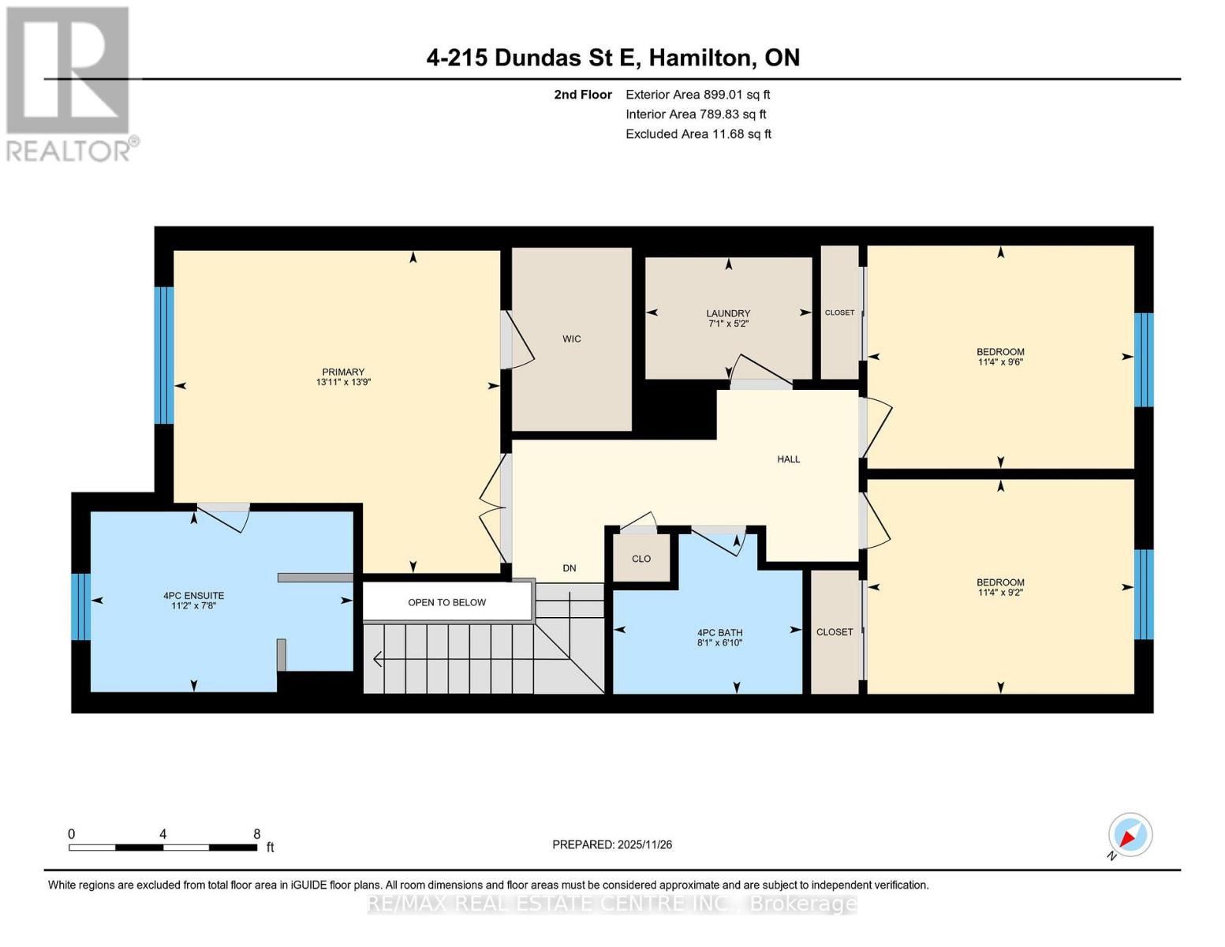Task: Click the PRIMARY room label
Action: coord(343,372)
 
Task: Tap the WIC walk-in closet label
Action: coord(571,339)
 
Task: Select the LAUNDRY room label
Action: coord(727,313)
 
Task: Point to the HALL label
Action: coord(788,459)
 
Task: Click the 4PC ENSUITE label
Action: coord(193,596)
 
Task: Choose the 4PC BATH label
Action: coord(719,632)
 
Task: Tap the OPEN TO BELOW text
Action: coord(446,602)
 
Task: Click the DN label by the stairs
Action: coord(569,568)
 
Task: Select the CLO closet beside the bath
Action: coord(641,559)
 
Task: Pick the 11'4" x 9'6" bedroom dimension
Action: coord(1000,362)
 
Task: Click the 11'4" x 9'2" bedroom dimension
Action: coord(1000,593)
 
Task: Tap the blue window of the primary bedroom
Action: coord(163,355)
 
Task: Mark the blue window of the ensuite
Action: coord(80,606)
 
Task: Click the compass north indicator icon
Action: coord(1130,835)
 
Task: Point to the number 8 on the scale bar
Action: coord(256,833)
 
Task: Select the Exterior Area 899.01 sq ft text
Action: coord(697,94)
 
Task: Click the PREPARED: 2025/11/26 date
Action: coord(612,844)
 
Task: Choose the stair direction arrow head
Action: coord(378,658)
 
